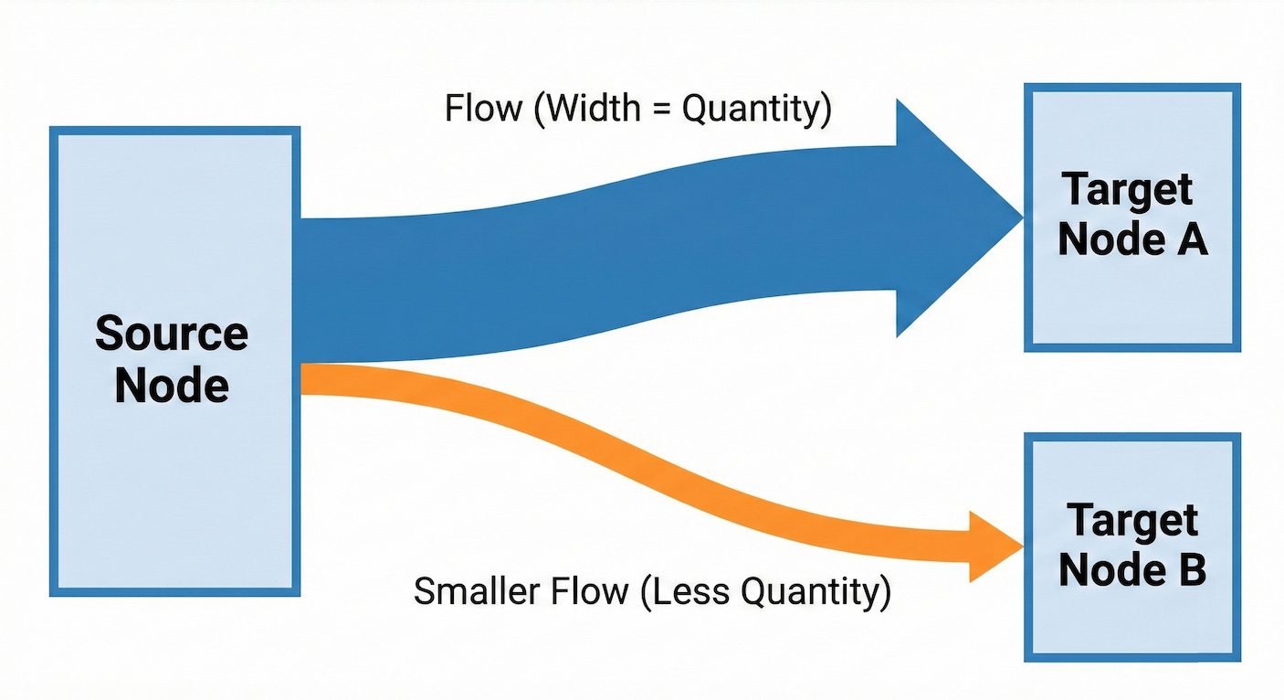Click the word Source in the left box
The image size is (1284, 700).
click(172, 334)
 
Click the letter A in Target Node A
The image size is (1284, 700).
click(1191, 240)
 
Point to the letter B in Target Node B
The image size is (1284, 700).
click(1189, 571)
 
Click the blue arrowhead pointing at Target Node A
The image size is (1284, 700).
click(950, 217)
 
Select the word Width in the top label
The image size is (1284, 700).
click(587, 109)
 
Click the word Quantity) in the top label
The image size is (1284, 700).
click(757, 110)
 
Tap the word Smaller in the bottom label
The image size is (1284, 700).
click(474, 591)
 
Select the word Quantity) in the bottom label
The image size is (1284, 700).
click(816, 592)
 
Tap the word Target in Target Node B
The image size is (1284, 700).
click(1132, 521)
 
